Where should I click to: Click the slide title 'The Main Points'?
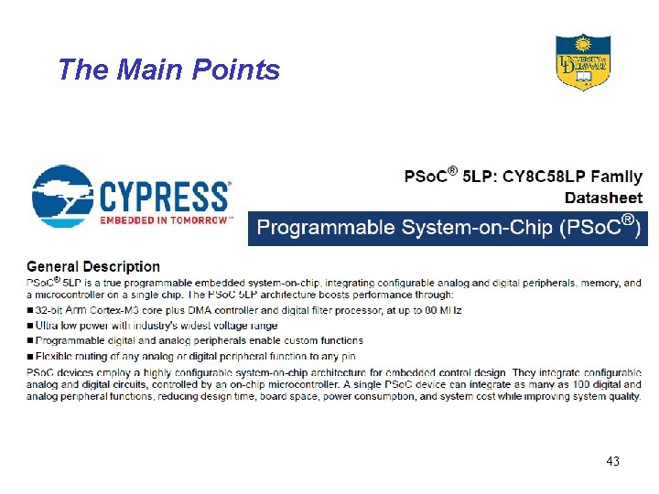click(168, 70)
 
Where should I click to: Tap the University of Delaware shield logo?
click(582, 61)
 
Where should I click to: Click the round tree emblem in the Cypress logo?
click(61, 195)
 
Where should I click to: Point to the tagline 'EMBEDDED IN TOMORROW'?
click(165, 220)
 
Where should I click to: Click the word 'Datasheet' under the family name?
click(603, 198)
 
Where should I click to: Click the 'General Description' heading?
click(93, 267)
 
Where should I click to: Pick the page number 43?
click(612, 462)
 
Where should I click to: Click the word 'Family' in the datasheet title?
click(616, 177)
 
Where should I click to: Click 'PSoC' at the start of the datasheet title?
click(427, 177)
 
